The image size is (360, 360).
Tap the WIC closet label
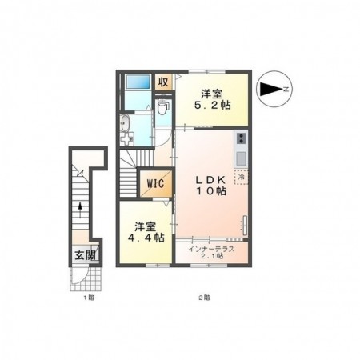click(154, 183)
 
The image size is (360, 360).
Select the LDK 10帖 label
click(212, 185)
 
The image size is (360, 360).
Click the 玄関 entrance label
click(86, 256)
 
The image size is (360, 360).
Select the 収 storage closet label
click(163, 81)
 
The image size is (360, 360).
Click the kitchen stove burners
click(242, 139)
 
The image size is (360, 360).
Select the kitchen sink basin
click(242, 153)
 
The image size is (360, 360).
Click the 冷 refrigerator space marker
click(242, 178)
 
